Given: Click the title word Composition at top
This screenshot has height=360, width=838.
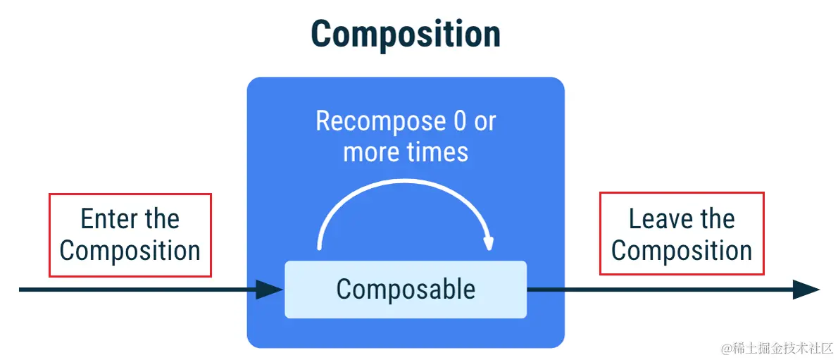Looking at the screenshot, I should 406,33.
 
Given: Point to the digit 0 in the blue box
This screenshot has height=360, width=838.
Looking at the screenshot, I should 460,122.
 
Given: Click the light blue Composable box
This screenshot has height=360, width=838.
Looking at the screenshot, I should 406,290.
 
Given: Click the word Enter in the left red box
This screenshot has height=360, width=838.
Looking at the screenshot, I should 106,219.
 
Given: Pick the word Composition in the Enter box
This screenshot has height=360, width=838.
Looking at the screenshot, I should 130,251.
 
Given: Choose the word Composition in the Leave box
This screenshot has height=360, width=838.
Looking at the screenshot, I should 682,251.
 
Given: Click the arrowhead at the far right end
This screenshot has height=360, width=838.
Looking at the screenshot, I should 806,290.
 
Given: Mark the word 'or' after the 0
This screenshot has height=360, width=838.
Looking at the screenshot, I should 485,123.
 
